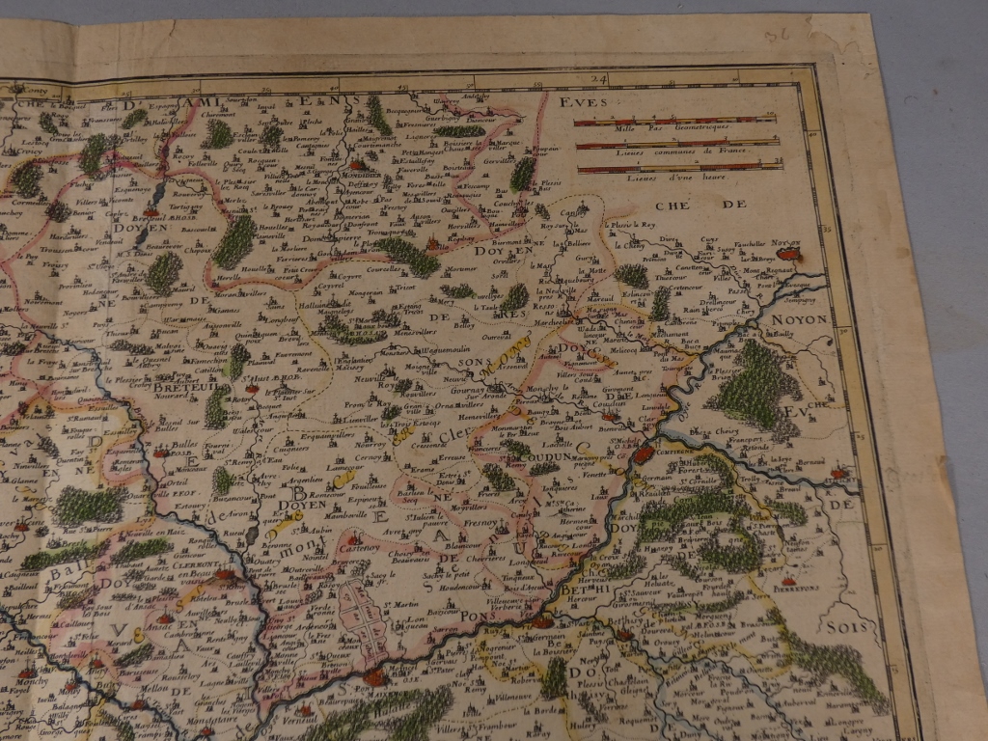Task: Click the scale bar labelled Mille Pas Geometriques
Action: click(x=674, y=122)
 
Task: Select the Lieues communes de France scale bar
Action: click(x=678, y=145)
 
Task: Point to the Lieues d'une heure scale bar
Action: click(x=679, y=168)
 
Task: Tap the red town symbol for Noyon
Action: click(x=789, y=255)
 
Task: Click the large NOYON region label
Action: click(x=799, y=318)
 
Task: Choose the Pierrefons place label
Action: click(x=800, y=583)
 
